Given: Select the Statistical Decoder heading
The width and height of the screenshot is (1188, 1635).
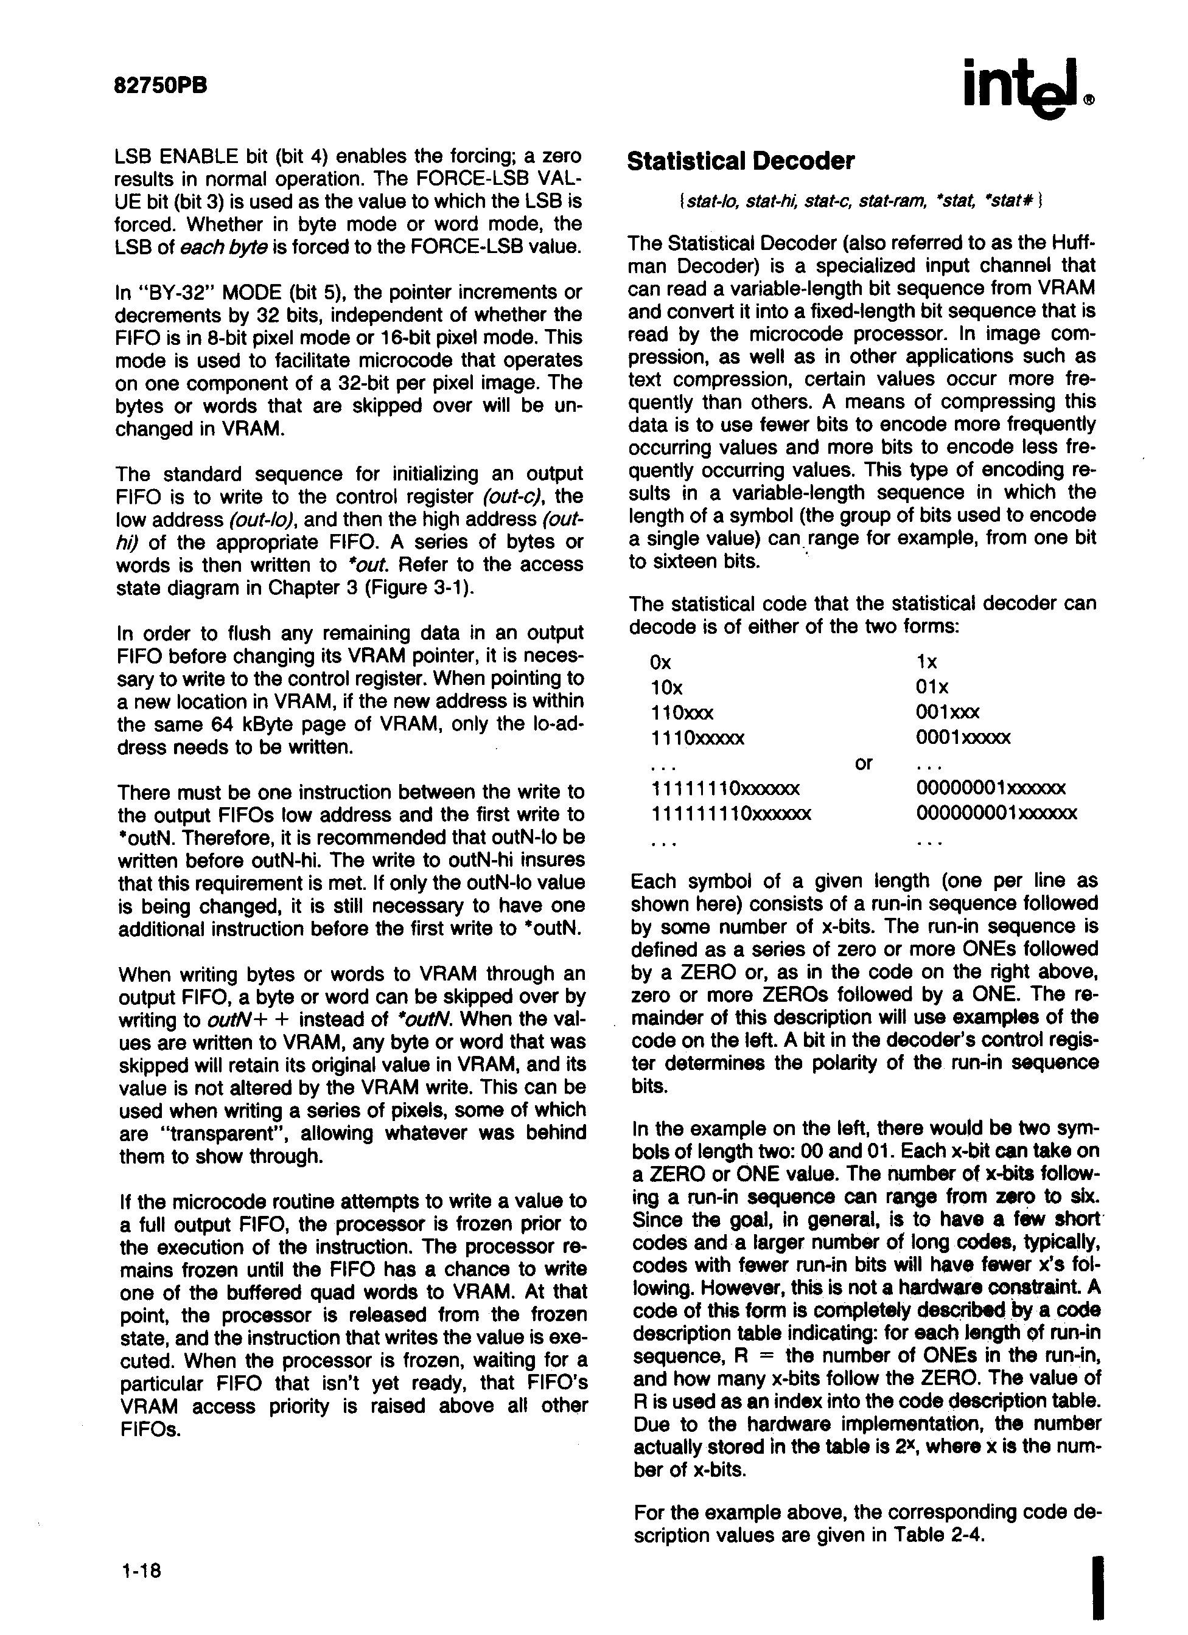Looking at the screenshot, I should point(741,161).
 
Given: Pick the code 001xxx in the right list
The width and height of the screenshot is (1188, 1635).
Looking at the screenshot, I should point(948,713).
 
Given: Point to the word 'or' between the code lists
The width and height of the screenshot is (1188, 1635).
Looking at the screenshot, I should point(864,763).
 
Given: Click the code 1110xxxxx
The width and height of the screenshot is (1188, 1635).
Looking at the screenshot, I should point(697,738).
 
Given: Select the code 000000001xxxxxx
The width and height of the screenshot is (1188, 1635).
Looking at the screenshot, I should point(997,814).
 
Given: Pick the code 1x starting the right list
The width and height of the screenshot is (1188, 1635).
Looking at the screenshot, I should point(926,662).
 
